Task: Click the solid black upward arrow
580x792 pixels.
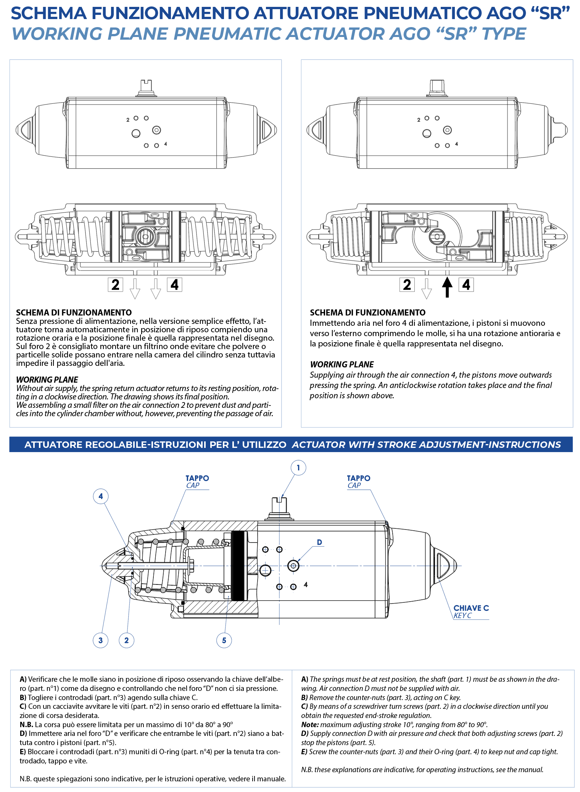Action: pyautogui.click(x=447, y=287)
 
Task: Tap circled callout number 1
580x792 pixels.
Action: pyautogui.click(x=298, y=468)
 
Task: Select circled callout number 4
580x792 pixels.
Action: pyautogui.click(x=101, y=496)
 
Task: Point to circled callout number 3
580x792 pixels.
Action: pyautogui.click(x=100, y=640)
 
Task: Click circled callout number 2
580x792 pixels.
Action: pyautogui.click(x=126, y=640)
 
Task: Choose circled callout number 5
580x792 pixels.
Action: pyautogui.click(x=224, y=640)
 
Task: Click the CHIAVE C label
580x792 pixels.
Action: pyautogui.click(x=471, y=608)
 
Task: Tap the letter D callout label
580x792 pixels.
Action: pyautogui.click(x=319, y=542)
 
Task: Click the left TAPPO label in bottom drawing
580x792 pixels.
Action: pyautogui.click(x=197, y=478)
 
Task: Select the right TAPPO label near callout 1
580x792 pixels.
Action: pyautogui.click(x=358, y=478)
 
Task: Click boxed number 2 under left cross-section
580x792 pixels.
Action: pyautogui.click(x=115, y=285)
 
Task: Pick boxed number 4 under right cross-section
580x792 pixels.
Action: pyautogui.click(x=466, y=285)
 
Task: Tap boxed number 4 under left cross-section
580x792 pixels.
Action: pyautogui.click(x=174, y=285)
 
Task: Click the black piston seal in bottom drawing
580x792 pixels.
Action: pyautogui.click(x=238, y=566)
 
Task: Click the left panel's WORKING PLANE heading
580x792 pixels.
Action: pyautogui.click(x=47, y=380)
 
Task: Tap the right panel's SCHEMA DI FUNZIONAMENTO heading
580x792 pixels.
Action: pyautogui.click(x=367, y=312)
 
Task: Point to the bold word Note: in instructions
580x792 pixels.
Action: pyautogui.click(x=310, y=724)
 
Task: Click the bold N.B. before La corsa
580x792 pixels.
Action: pyautogui.click(x=26, y=724)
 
